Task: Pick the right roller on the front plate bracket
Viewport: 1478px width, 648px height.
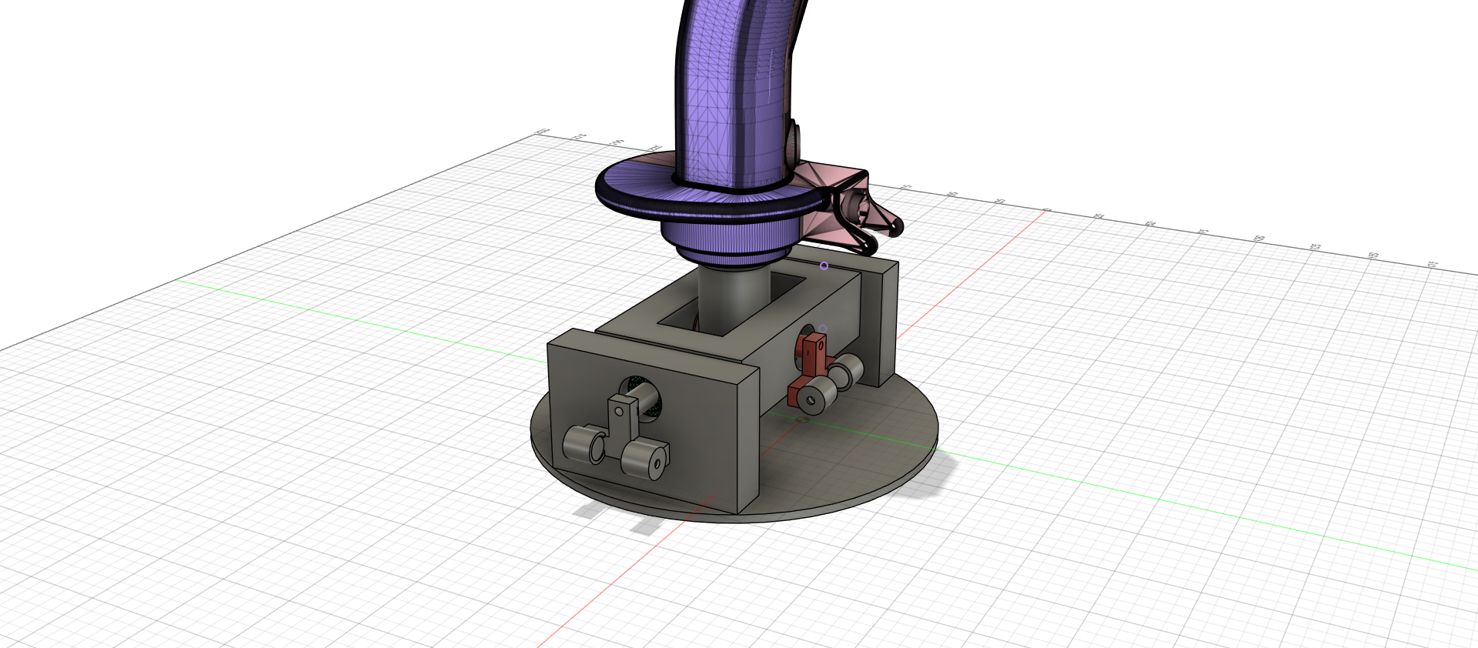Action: pos(644,459)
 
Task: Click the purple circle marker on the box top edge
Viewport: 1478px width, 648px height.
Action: pos(824,266)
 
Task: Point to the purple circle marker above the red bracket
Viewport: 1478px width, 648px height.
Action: pos(823,329)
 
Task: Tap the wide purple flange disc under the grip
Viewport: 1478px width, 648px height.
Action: pos(631,189)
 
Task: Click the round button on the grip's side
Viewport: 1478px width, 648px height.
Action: pos(794,139)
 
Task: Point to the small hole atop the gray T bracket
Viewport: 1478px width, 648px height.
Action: pos(619,412)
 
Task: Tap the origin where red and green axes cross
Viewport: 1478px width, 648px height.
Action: pos(803,419)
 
